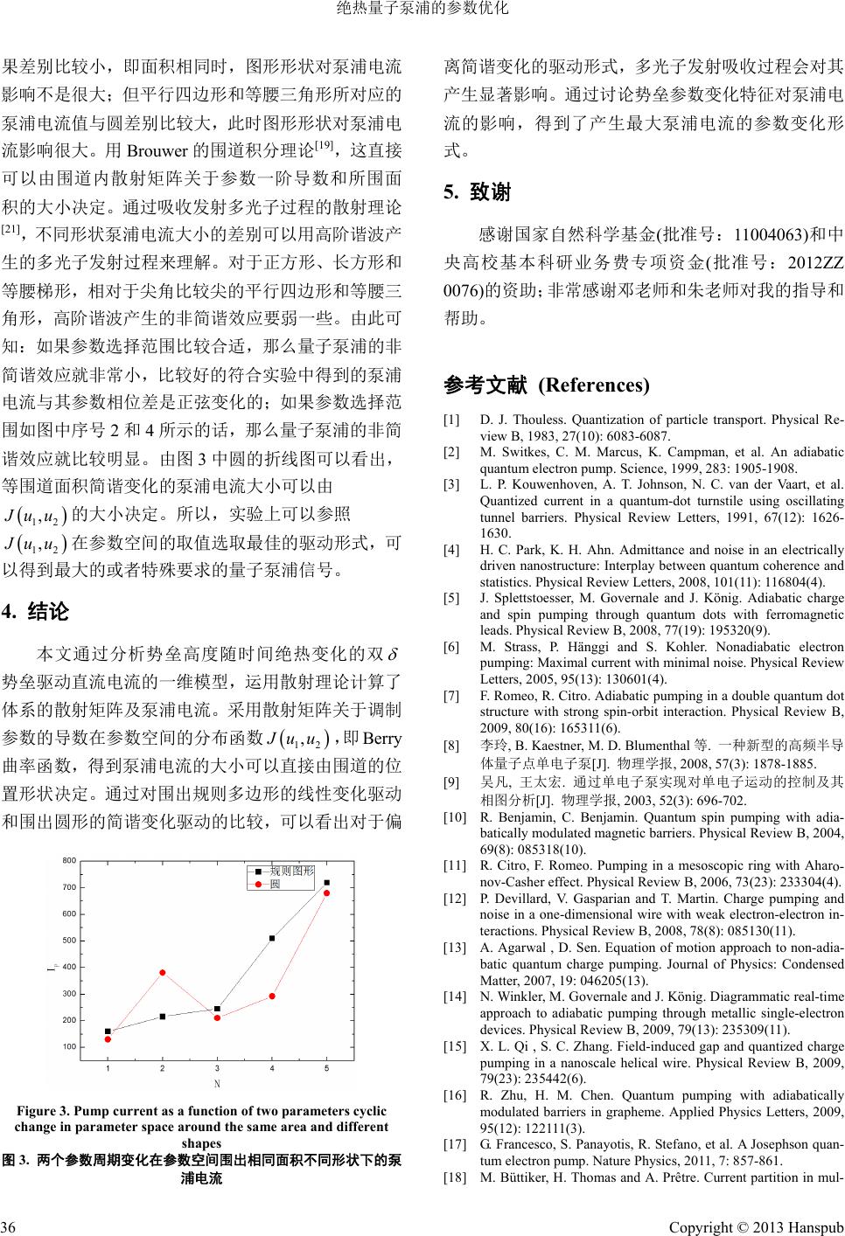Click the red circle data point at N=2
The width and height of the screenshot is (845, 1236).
[x=163, y=972]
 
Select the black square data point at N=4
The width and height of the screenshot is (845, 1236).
[x=272, y=938]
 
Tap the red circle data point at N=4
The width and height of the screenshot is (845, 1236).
[x=272, y=996]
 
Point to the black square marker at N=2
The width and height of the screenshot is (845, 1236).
[x=163, y=1016]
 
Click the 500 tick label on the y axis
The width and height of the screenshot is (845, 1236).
[x=69, y=941]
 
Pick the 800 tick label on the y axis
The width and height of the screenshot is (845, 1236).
[x=69, y=861]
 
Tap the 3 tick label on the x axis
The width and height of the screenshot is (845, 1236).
[x=217, y=1068]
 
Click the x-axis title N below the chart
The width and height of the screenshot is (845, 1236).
[x=217, y=1084]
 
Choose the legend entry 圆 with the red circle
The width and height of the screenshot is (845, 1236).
[x=275, y=884]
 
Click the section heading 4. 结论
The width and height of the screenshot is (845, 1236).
[x=36, y=610]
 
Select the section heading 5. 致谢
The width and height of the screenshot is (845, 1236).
[x=477, y=191]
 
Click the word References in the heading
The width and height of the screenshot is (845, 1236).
[x=594, y=385]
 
